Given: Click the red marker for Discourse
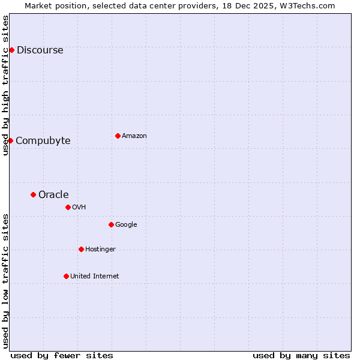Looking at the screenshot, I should [11, 50].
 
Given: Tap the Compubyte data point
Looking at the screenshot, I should [10, 140].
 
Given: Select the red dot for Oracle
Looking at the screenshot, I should [33, 194].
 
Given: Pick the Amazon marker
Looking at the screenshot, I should [118, 136].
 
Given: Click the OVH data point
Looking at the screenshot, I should [68, 207].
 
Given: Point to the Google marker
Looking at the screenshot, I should [111, 224].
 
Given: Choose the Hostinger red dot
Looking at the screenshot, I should [81, 249].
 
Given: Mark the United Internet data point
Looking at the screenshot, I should [66, 276].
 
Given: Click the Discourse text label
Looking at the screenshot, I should [40, 50].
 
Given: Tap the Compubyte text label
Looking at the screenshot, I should [43, 141].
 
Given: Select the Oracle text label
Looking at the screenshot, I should [53, 195].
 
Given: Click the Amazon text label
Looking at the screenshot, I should [134, 136].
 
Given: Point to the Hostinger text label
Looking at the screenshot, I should [100, 250].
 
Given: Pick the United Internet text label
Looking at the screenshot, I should [94, 277].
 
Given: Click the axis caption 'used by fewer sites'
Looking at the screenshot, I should [62, 355].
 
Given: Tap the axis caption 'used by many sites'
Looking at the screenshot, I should [301, 355].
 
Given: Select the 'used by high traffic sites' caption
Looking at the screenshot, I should [5, 85].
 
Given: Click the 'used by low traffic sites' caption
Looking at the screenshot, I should [5, 280].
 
